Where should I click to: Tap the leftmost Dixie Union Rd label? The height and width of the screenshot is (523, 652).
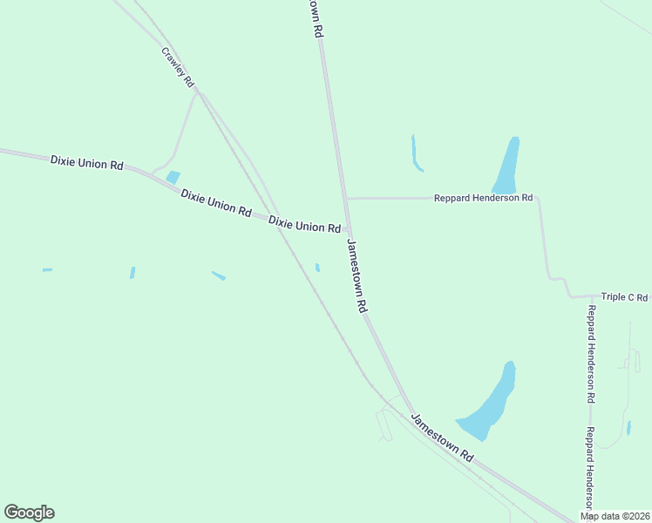pos(86,161)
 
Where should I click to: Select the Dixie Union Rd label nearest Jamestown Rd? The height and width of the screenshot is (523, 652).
pos(304,225)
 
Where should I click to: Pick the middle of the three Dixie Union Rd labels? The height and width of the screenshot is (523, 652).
pos(216,203)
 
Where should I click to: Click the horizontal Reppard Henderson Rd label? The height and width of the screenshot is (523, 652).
pos(483,199)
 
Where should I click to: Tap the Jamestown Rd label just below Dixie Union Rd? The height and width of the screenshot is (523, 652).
pos(358,276)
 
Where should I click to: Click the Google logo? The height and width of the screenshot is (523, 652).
pos(29,513)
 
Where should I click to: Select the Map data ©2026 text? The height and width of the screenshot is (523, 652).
pos(615,516)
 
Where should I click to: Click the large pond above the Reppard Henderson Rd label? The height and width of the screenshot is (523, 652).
pos(506,165)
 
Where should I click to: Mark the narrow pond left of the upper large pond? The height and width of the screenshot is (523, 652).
pos(416,153)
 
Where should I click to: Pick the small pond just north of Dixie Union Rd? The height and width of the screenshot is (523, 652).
pos(173,177)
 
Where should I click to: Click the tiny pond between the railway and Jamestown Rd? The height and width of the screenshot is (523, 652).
pos(317,268)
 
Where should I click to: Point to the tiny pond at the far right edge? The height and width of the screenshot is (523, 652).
pos(628,428)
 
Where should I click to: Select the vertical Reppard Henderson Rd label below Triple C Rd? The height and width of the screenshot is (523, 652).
pos(591,354)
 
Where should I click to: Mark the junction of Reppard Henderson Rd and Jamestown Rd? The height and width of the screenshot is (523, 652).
pos(345,199)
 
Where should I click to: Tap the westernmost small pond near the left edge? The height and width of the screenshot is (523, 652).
pos(47,270)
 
